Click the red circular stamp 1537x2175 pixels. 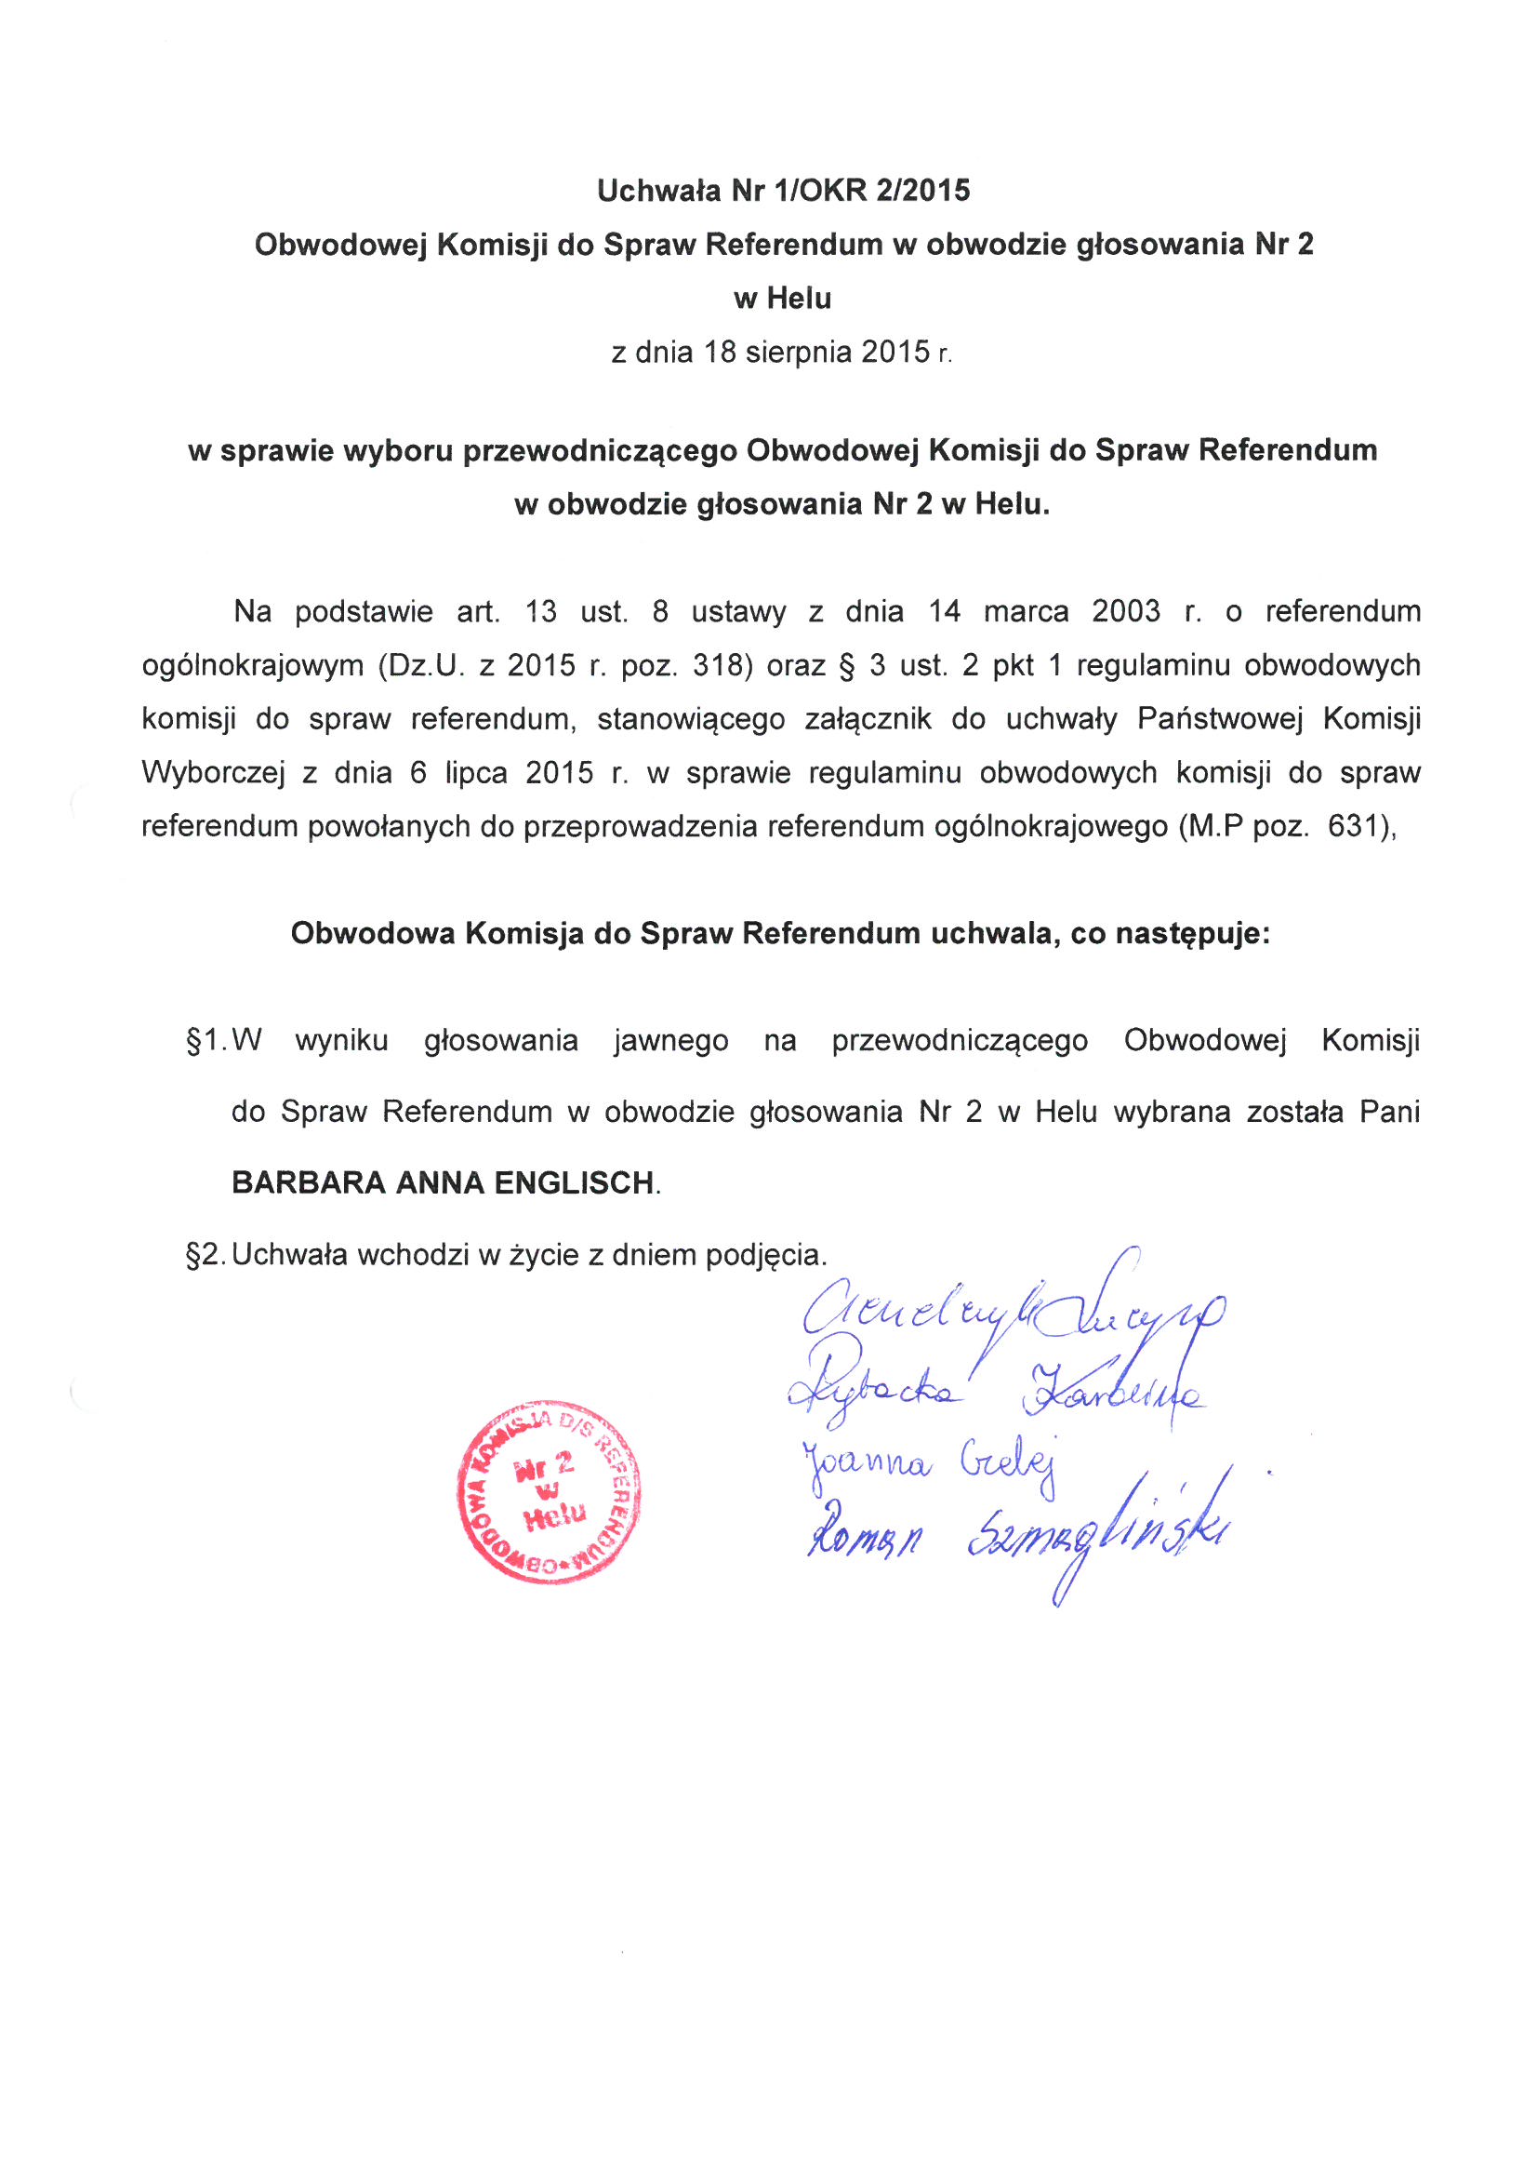(x=549, y=1490)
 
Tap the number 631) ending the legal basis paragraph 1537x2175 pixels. (x=1362, y=826)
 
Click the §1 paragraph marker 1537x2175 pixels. (x=205, y=1041)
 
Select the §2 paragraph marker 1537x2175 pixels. (x=205, y=1255)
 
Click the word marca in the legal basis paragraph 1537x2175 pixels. (x=1026, y=612)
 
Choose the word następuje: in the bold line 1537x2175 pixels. (x=1191, y=934)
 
